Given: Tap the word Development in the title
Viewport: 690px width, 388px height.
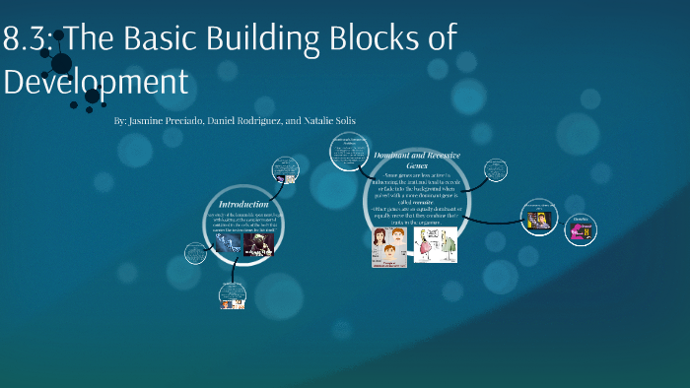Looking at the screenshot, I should point(95,80).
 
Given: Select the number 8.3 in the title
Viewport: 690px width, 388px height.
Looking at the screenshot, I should point(29,39).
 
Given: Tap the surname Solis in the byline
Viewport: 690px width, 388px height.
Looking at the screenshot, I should point(340,120).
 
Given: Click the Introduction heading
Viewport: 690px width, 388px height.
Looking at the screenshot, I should point(242,204).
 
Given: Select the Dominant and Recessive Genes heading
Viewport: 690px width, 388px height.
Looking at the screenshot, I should point(414,160).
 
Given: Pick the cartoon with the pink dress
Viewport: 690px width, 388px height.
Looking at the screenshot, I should point(435,246).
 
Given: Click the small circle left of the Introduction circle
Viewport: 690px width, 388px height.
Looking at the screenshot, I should point(196,253).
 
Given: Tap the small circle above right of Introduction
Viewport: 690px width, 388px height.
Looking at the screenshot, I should point(284,169).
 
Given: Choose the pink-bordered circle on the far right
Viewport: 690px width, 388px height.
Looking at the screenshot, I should point(582,230).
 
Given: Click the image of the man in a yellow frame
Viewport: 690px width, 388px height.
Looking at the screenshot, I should point(539,218).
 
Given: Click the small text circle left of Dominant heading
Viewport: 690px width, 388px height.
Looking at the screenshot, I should point(347,153).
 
